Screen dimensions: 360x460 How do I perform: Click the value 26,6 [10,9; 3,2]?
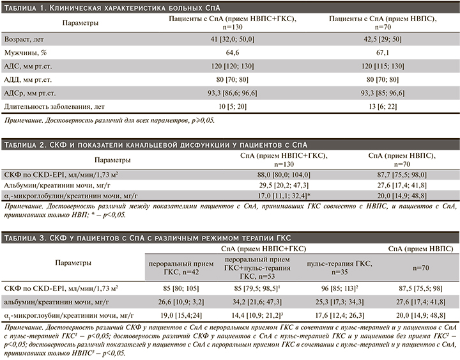click(x=171, y=301)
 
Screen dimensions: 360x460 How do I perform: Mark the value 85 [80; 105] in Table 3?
click(x=171, y=288)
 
